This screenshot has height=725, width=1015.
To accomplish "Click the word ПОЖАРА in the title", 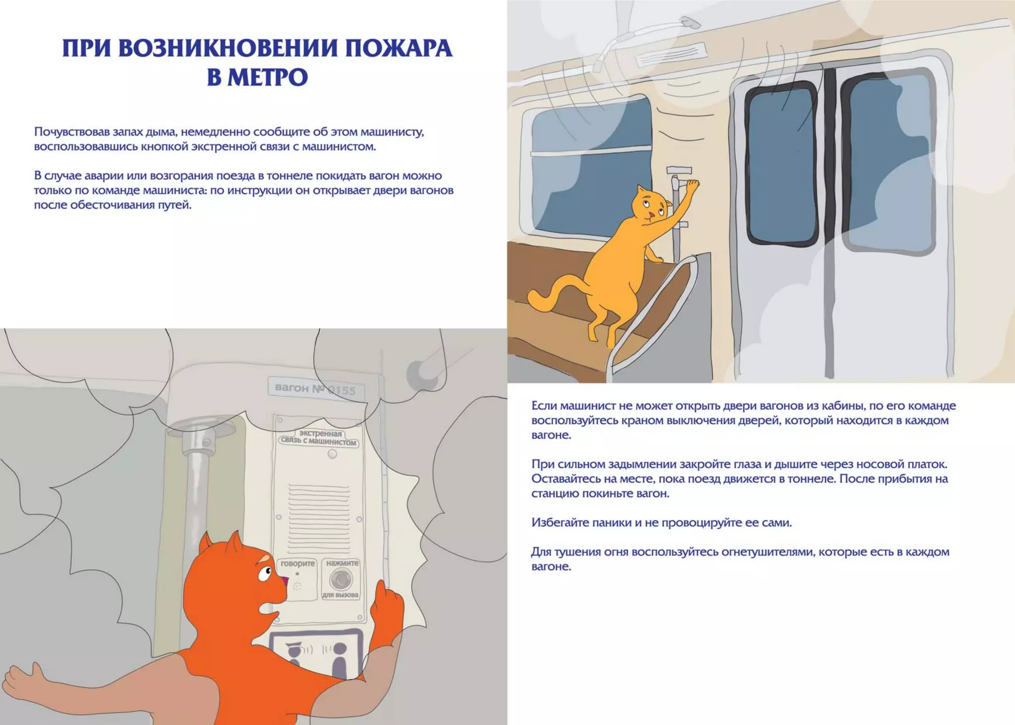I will click(398, 49).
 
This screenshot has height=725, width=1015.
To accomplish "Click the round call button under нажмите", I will click(341, 579).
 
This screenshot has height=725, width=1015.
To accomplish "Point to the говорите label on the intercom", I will click(297, 563).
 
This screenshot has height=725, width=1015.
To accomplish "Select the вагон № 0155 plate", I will click(315, 389).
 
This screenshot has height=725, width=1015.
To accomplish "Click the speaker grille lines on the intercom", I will click(319, 518).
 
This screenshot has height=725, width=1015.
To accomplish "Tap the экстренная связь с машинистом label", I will click(318, 438).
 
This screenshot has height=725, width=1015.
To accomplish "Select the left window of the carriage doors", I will click(781, 164).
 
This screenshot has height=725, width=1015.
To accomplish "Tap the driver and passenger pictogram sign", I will click(316, 653).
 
